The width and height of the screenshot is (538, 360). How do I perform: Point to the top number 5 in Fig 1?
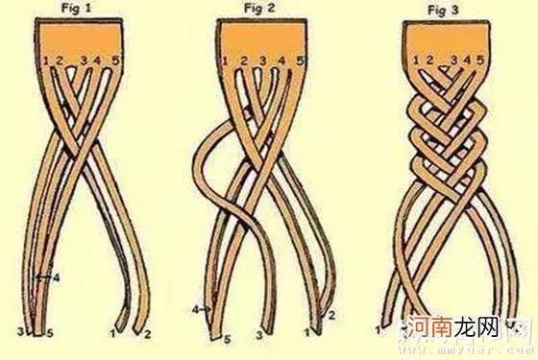click(x=116, y=61)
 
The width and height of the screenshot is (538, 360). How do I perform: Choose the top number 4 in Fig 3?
click(x=467, y=61)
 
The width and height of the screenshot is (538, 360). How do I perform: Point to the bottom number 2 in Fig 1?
click(x=147, y=336)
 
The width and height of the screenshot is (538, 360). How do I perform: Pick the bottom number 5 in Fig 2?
click(x=227, y=339)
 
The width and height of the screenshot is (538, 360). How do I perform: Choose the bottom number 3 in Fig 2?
click(x=260, y=335)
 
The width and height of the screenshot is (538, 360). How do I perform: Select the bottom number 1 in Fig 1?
click(x=114, y=335)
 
